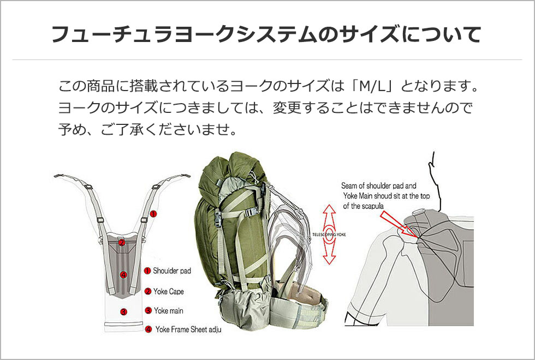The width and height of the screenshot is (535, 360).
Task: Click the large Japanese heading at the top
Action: coord(266,34)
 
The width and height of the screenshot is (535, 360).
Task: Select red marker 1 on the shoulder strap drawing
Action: coord(153,214)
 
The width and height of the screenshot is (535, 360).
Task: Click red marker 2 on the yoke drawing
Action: coord(122,243)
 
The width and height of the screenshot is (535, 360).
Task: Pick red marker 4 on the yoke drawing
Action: coord(123,275)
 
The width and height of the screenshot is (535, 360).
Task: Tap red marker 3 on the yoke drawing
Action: coord(123,311)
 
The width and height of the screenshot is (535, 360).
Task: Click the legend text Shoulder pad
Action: coord(171,271)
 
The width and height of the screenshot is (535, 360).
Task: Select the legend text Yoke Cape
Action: coord(169,291)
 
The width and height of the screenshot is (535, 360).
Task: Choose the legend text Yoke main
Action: coord(169,310)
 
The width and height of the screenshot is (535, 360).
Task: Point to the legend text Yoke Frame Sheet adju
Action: coord(188,329)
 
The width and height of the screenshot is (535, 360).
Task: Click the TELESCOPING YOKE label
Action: coord(329,235)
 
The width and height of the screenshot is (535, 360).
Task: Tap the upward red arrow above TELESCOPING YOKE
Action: coord(329,218)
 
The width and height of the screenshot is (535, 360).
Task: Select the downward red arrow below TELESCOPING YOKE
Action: coord(329,251)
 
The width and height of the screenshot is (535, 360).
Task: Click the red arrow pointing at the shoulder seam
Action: coord(398,224)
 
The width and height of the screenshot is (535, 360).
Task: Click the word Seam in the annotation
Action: coord(348,186)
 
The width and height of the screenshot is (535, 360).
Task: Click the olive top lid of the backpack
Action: coord(232,170)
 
